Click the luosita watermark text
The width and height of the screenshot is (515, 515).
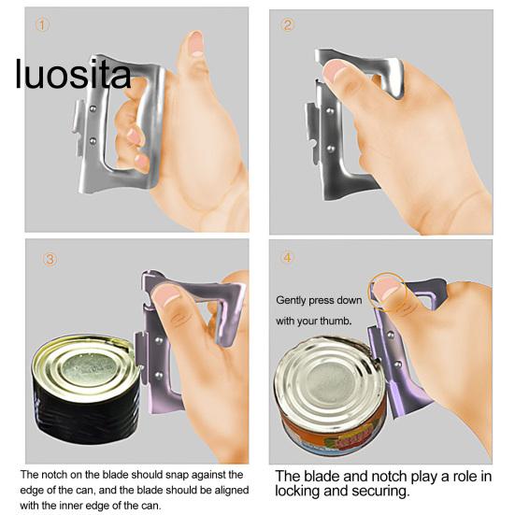pos(73,75)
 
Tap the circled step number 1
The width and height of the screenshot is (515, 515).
pos(41,25)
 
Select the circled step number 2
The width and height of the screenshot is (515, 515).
pos(288,25)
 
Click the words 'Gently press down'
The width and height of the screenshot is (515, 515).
pos(318,301)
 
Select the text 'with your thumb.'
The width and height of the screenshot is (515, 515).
pos(314,322)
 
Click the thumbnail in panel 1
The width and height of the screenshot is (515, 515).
pos(195,43)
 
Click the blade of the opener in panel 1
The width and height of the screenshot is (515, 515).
pos(79,131)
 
